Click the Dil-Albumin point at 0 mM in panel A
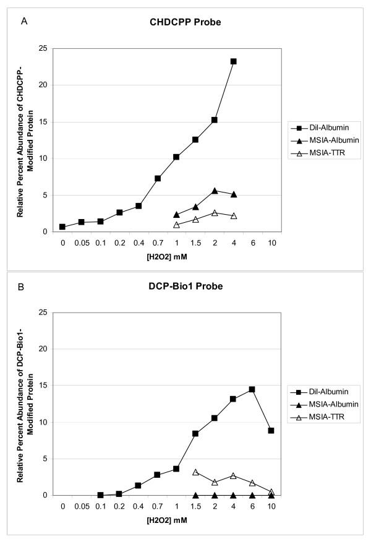pos(62,227)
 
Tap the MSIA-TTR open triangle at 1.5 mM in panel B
pos(195,472)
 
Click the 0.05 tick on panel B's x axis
pos(82,506)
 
